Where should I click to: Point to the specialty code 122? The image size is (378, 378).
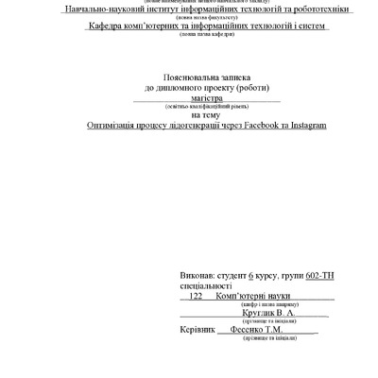point(198,295)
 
